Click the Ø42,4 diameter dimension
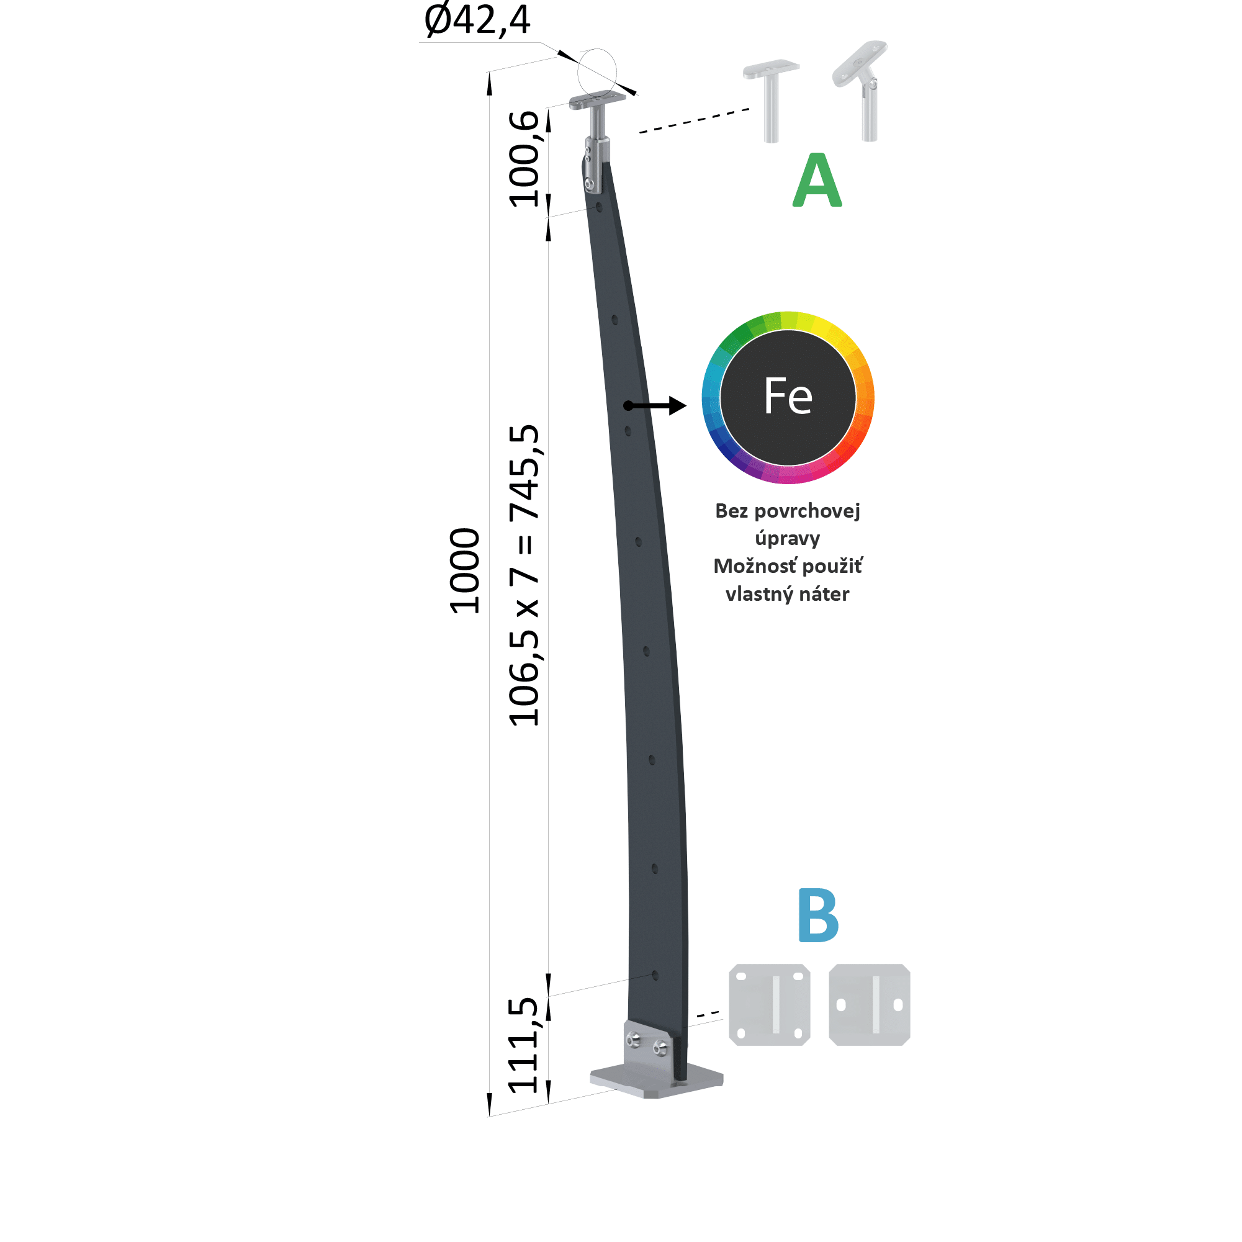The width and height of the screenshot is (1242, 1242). click(x=477, y=19)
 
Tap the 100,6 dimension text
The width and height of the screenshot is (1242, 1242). click(x=524, y=159)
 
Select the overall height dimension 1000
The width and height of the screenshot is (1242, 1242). click(x=465, y=571)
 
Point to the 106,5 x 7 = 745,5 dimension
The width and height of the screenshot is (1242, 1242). click(x=524, y=575)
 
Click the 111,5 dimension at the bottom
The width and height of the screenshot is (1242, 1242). click(x=523, y=1046)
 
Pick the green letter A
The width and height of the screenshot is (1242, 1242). click(x=817, y=180)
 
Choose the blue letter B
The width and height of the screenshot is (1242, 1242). click(x=818, y=915)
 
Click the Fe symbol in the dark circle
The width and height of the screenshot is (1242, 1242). click(x=788, y=396)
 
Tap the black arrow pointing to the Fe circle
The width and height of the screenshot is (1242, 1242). click(x=655, y=406)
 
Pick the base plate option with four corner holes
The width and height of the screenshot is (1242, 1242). click(x=770, y=1005)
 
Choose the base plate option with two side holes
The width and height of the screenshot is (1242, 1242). click(x=870, y=1005)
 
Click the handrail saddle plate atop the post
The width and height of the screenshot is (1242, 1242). click(x=597, y=100)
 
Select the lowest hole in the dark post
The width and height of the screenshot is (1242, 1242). click(x=655, y=976)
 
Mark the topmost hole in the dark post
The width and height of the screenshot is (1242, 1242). click(x=599, y=208)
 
